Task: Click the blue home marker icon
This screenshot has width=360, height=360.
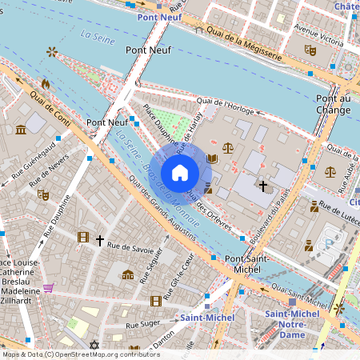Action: point(180,172)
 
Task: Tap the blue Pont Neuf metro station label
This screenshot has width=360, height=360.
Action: point(158,16)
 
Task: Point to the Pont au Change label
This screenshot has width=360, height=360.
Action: point(333,104)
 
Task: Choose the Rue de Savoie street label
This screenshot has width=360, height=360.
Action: point(130,248)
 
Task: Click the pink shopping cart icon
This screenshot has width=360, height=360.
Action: point(48,288)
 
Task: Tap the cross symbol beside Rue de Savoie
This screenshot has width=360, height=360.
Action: point(100,239)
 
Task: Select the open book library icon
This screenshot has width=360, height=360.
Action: point(211,159)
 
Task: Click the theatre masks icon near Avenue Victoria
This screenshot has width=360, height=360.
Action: point(310,50)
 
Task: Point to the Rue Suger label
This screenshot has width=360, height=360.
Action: point(119,326)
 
